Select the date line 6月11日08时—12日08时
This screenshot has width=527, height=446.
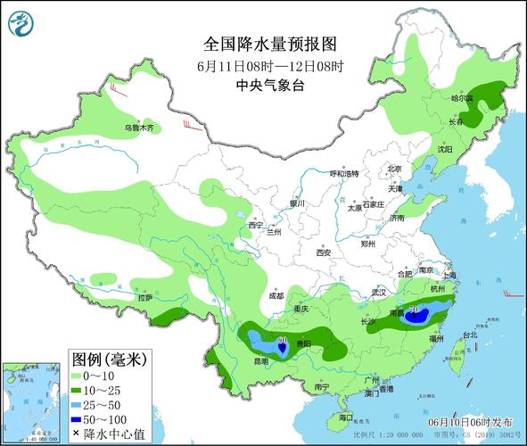click(263, 66)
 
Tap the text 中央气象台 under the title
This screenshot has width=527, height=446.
click(263, 86)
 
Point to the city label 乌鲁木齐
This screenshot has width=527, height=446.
click(138, 128)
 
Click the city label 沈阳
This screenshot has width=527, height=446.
click(444, 149)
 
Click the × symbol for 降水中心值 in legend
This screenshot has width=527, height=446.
click(77, 433)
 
